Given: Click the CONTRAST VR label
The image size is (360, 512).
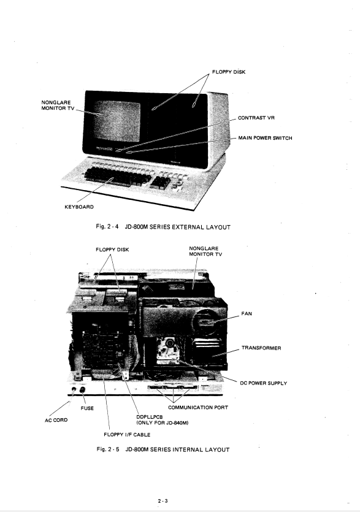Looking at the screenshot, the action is pyautogui.click(x=256, y=118).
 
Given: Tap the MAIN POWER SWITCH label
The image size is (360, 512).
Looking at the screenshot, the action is pyautogui.click(x=265, y=138).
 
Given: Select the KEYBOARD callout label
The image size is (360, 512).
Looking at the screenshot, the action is pyautogui.click(x=79, y=207).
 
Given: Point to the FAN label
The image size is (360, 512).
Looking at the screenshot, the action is pyautogui.click(x=247, y=314).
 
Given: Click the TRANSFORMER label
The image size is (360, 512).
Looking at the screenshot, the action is pyautogui.click(x=261, y=348).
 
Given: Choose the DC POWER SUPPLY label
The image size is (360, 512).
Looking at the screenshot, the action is pyautogui.click(x=263, y=383).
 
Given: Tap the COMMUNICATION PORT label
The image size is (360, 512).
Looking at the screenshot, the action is pyautogui.click(x=198, y=408).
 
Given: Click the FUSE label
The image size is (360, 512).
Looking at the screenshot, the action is pyautogui.click(x=87, y=408).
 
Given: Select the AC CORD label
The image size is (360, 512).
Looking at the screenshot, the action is pyautogui.click(x=56, y=420).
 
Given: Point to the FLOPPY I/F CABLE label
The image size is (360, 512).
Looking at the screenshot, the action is pyautogui.click(x=127, y=435).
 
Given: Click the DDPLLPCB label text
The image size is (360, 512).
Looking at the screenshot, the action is pyautogui.click(x=149, y=418).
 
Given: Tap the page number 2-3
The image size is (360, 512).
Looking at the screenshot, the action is pyautogui.click(x=163, y=501).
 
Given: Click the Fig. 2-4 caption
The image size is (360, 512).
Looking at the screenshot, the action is pyautogui.click(x=163, y=227).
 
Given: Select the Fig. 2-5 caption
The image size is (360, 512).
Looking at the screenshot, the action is pyautogui.click(x=163, y=449).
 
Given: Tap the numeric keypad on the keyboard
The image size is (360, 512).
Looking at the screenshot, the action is pyautogui.click(x=161, y=183).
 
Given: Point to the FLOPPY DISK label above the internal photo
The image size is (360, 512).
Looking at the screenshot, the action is pyautogui.click(x=112, y=250).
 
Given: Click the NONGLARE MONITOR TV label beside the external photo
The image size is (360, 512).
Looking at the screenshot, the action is pyautogui.click(x=58, y=105).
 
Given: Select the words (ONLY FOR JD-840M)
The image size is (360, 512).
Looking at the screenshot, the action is pyautogui.click(x=163, y=423).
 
